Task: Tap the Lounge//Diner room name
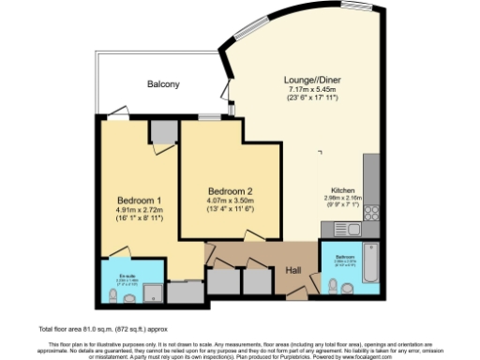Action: [x=310, y=80]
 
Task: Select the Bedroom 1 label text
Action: [x=140, y=200]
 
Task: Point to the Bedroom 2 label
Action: [x=229, y=189]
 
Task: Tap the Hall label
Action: [x=293, y=271]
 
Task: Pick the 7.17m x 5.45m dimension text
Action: [x=310, y=89]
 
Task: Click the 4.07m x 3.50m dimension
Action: [x=229, y=199]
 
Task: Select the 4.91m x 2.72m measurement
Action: [x=140, y=209]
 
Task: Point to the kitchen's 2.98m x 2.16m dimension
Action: [x=348, y=198]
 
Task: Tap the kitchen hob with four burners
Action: [x=371, y=213]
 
